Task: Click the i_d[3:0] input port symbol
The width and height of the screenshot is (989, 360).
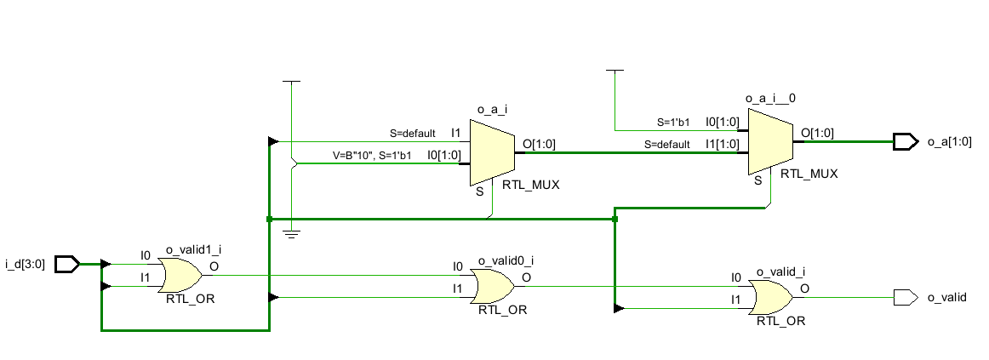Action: pyautogui.click(x=67, y=264)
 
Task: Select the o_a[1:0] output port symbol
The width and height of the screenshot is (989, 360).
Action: pyautogui.click(x=906, y=141)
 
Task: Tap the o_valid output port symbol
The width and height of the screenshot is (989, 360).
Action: pyautogui.click(x=906, y=298)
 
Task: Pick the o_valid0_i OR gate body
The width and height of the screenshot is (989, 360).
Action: pyautogui.click(x=494, y=286)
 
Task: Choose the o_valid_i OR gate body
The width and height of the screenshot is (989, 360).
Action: pyautogui.click(x=771, y=298)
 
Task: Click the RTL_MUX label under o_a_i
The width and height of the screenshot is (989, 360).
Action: pyautogui.click(x=531, y=186)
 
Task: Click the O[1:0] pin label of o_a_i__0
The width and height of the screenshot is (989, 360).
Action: pyautogui.click(x=817, y=133)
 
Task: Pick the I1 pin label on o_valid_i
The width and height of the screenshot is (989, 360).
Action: pyautogui.click(x=736, y=299)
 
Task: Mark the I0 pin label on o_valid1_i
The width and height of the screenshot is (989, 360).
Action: pyautogui.click(x=146, y=255)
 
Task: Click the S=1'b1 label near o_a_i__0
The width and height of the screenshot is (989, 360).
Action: pyautogui.click(x=673, y=123)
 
